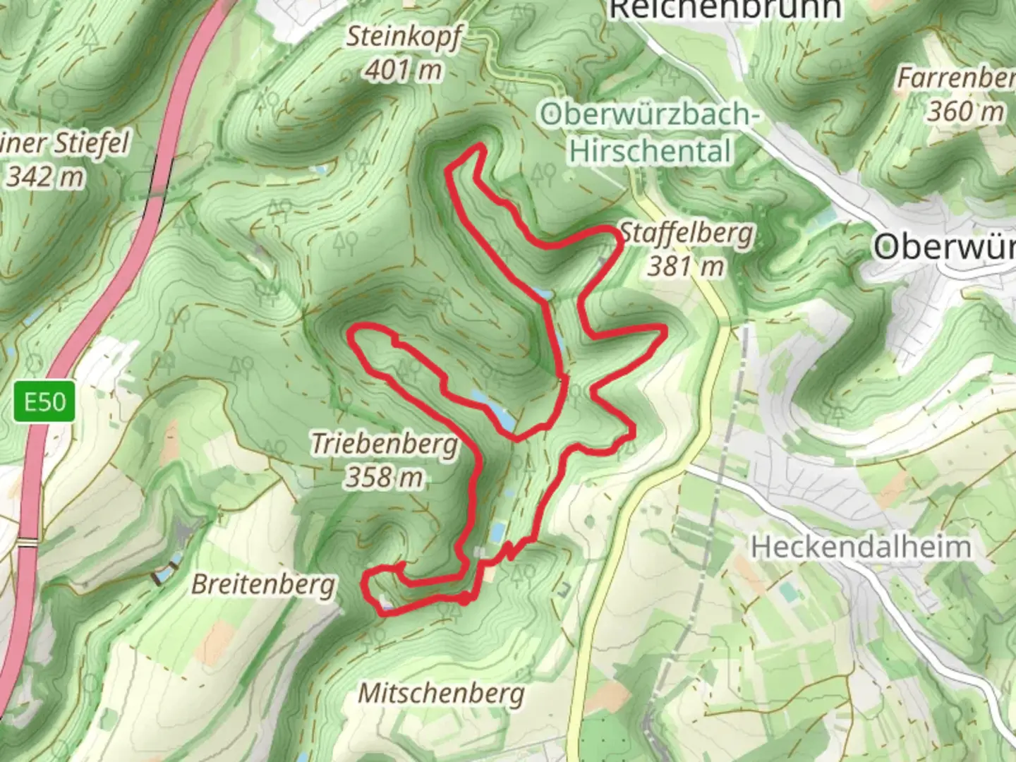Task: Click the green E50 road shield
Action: [x=44, y=402]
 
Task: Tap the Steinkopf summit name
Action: [x=403, y=37]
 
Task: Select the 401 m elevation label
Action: [x=404, y=70]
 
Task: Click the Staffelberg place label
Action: [x=686, y=234]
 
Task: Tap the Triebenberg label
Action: [x=385, y=445]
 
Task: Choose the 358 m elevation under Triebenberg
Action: [x=385, y=478]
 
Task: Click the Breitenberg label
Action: [x=263, y=584]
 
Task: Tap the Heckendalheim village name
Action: [x=860, y=547]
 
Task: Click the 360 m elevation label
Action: [x=964, y=111]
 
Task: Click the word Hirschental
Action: [x=650, y=151]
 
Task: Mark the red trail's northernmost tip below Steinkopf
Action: [x=480, y=146]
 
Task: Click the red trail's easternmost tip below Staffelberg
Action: [x=664, y=329]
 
